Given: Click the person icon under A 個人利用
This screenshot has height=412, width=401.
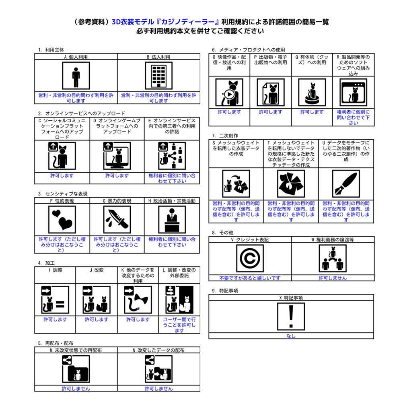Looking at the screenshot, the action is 76,76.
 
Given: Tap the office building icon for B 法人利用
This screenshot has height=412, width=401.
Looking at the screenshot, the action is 158,76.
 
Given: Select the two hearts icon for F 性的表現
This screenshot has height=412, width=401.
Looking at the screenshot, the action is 62,219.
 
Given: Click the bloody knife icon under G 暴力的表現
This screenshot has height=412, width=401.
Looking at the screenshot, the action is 117,219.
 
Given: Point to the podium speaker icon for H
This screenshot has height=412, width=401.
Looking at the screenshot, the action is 172,219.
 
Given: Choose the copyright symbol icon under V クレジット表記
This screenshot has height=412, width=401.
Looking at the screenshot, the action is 250,258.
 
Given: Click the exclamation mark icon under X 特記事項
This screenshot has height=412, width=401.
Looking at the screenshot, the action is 291,316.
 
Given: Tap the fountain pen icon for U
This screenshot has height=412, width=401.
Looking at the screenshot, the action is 346,183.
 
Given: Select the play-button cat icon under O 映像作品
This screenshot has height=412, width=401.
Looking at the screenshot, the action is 229,92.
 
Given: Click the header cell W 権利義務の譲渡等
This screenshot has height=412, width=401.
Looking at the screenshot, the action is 333,240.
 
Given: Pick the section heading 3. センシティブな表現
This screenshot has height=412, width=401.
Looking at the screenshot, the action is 63,194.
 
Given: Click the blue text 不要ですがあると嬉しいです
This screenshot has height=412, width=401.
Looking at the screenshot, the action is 250,278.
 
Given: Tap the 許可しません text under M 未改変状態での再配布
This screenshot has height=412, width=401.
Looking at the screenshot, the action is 76,388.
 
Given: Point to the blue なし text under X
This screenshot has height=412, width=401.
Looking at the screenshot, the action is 291,336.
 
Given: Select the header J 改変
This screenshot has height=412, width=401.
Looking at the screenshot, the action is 97,270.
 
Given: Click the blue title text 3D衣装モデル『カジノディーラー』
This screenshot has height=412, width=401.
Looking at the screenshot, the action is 166,22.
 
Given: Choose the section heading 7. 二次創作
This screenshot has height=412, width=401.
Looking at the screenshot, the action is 225,136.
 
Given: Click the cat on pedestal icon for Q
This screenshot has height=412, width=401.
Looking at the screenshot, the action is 312,92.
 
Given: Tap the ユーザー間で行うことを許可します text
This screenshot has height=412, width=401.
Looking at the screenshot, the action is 179,325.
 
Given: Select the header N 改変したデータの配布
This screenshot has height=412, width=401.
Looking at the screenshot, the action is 158,350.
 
